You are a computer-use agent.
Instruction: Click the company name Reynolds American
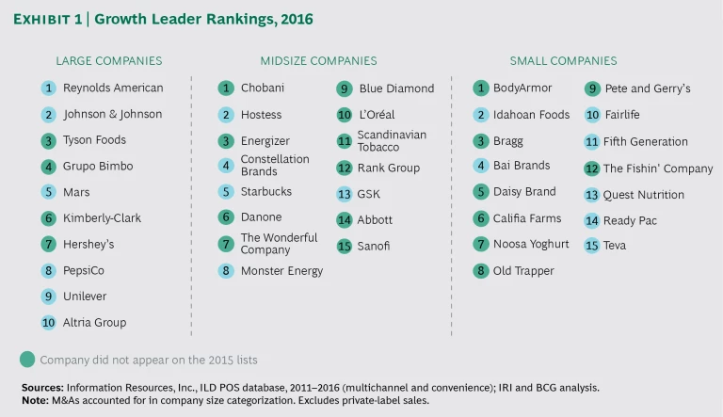point(113,88)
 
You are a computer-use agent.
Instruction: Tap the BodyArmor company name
point(522,88)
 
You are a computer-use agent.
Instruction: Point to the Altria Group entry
point(94,322)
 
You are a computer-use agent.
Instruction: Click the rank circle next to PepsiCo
point(48,270)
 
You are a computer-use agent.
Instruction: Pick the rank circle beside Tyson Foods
point(48,140)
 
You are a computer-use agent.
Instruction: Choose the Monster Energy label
point(281,271)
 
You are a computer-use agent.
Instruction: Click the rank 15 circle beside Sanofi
point(344,247)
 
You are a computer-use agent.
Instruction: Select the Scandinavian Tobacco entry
point(392,141)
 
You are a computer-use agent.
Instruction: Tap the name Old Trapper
point(523,271)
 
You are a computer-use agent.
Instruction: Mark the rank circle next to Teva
point(591,246)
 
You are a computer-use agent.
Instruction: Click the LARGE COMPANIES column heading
point(109,61)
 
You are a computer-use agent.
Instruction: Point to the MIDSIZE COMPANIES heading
point(318,61)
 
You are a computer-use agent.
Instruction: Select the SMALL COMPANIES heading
point(563,61)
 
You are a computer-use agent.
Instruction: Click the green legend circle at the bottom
point(27,359)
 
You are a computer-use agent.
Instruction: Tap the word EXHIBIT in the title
point(49,19)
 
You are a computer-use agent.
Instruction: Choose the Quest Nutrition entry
point(644,195)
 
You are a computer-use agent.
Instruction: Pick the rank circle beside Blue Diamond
point(344,88)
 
